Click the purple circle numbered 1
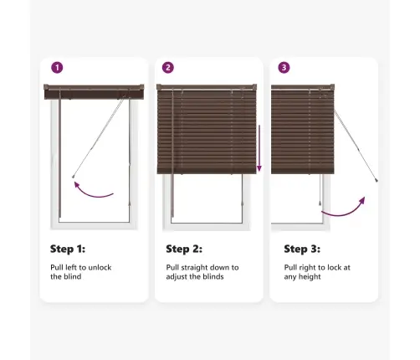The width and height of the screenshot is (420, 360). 57,68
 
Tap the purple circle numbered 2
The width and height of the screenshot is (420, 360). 168,68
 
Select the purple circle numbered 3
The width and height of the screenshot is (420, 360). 284,68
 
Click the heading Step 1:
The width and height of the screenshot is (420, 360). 68,249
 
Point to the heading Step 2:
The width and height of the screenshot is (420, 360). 184,249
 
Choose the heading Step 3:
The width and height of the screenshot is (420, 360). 302,249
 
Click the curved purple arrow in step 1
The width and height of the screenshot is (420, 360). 91,193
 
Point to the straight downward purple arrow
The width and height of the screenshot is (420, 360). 259,148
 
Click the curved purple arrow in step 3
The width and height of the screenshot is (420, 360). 346,212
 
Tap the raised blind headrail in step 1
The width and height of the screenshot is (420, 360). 94,92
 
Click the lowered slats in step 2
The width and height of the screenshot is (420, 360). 207,131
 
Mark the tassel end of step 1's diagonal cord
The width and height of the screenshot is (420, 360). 74,177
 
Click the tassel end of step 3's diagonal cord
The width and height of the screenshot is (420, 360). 376,181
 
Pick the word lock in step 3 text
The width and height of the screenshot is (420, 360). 334,267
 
